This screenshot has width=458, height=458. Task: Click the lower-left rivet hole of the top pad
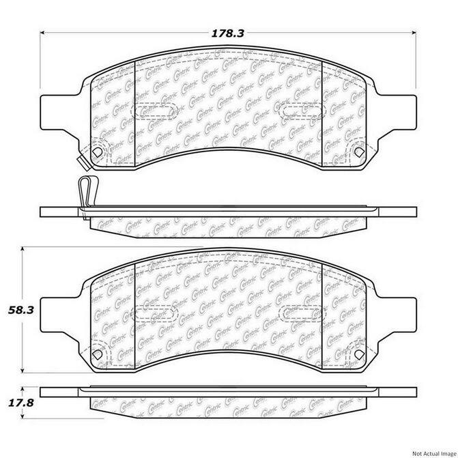click(x=98, y=152)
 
